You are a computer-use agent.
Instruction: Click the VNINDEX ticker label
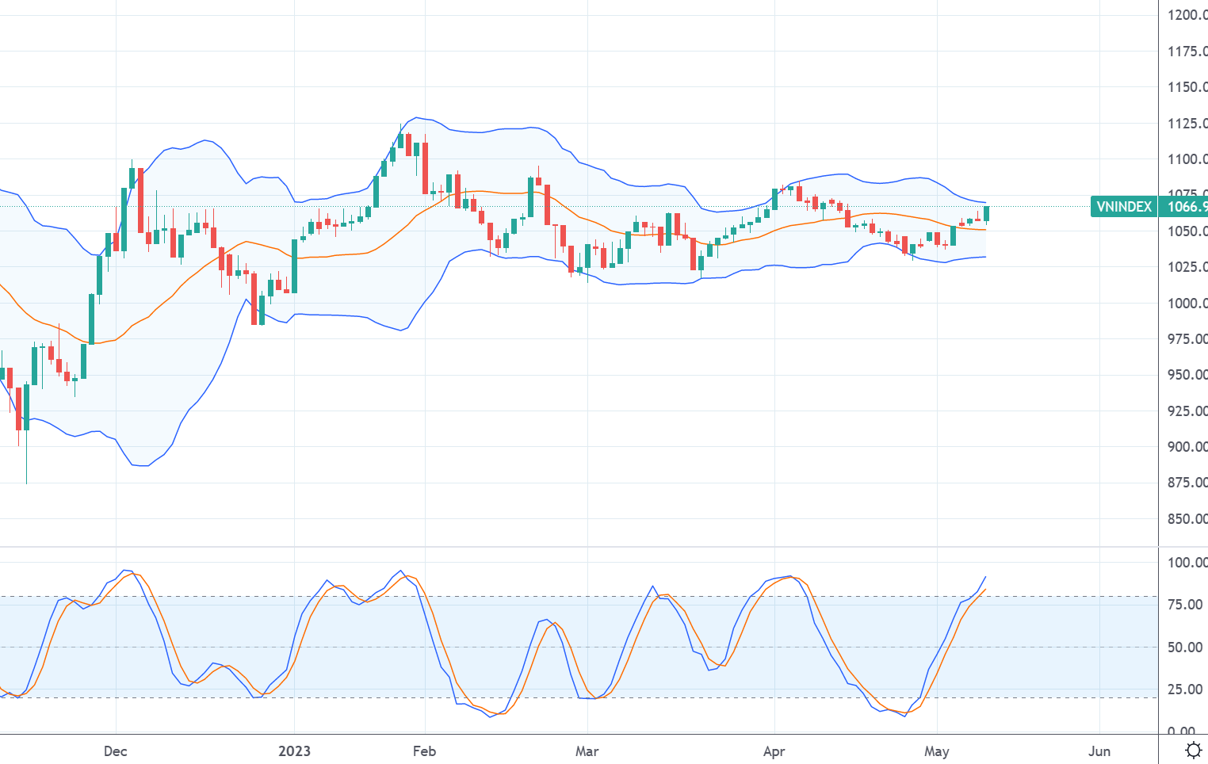tap(1123, 207)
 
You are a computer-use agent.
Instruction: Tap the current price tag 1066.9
tap(1184, 207)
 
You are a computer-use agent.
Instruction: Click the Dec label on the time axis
tap(116, 751)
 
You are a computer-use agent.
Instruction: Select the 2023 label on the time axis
tap(294, 751)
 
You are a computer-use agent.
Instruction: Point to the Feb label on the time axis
tap(425, 751)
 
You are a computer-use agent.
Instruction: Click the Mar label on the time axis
tap(587, 751)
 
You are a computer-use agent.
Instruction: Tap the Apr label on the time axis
tap(774, 751)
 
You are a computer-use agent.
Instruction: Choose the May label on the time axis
tap(937, 751)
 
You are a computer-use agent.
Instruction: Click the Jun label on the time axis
tap(1099, 751)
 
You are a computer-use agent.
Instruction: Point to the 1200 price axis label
tap(1187, 15)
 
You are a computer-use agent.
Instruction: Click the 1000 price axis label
tap(1187, 304)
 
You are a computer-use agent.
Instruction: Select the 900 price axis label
tap(1187, 447)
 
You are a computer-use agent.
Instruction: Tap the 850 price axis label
tap(1187, 519)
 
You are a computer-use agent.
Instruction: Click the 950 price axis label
tap(1187, 375)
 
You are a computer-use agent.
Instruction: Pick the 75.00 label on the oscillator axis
tap(1185, 605)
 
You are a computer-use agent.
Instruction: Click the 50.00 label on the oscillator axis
tap(1185, 647)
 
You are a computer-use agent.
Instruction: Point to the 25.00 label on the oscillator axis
tap(1185, 690)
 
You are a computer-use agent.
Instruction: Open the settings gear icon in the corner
tap(1194, 751)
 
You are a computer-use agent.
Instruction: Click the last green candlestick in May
tap(987, 213)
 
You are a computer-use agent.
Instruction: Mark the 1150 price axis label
tap(1187, 87)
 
